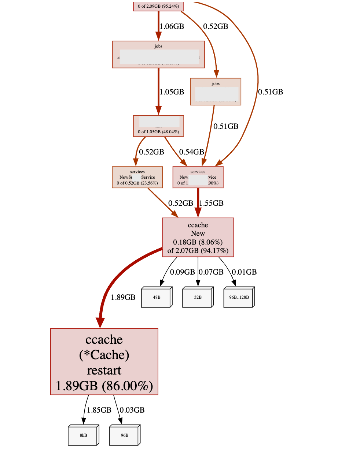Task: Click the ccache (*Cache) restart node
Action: pos(104,361)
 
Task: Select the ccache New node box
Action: pos(198,237)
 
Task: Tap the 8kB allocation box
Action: pos(83,435)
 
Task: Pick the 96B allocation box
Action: pos(124,435)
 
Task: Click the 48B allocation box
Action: pos(157,297)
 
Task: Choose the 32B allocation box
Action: pos(198,297)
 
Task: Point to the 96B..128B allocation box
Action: pos(239,297)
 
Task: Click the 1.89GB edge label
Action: pos(123,297)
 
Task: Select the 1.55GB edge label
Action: pos(211,203)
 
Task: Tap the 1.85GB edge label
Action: pos(99,410)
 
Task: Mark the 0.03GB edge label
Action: pos(132,410)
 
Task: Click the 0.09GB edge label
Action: pos(182,272)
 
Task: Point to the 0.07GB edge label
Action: pos(211,272)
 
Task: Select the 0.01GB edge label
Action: pos(244,272)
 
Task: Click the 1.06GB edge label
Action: pos(172,26)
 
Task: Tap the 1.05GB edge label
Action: pos(172,92)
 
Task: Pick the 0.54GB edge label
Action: pos(191,152)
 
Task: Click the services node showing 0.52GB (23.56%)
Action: pos(137,177)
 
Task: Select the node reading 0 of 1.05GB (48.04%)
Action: pos(158,126)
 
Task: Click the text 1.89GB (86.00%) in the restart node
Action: pos(104,386)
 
